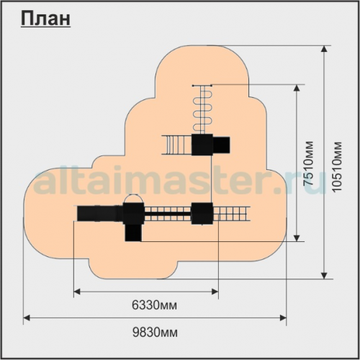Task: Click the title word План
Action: point(45,19)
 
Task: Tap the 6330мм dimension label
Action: point(155,305)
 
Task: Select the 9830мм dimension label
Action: point(156,333)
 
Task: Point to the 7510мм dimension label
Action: point(308,163)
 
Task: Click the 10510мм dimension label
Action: point(337,166)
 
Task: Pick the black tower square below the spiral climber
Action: point(202,145)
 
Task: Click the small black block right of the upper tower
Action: point(221,145)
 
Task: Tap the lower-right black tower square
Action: point(202,213)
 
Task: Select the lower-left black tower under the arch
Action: point(134,213)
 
